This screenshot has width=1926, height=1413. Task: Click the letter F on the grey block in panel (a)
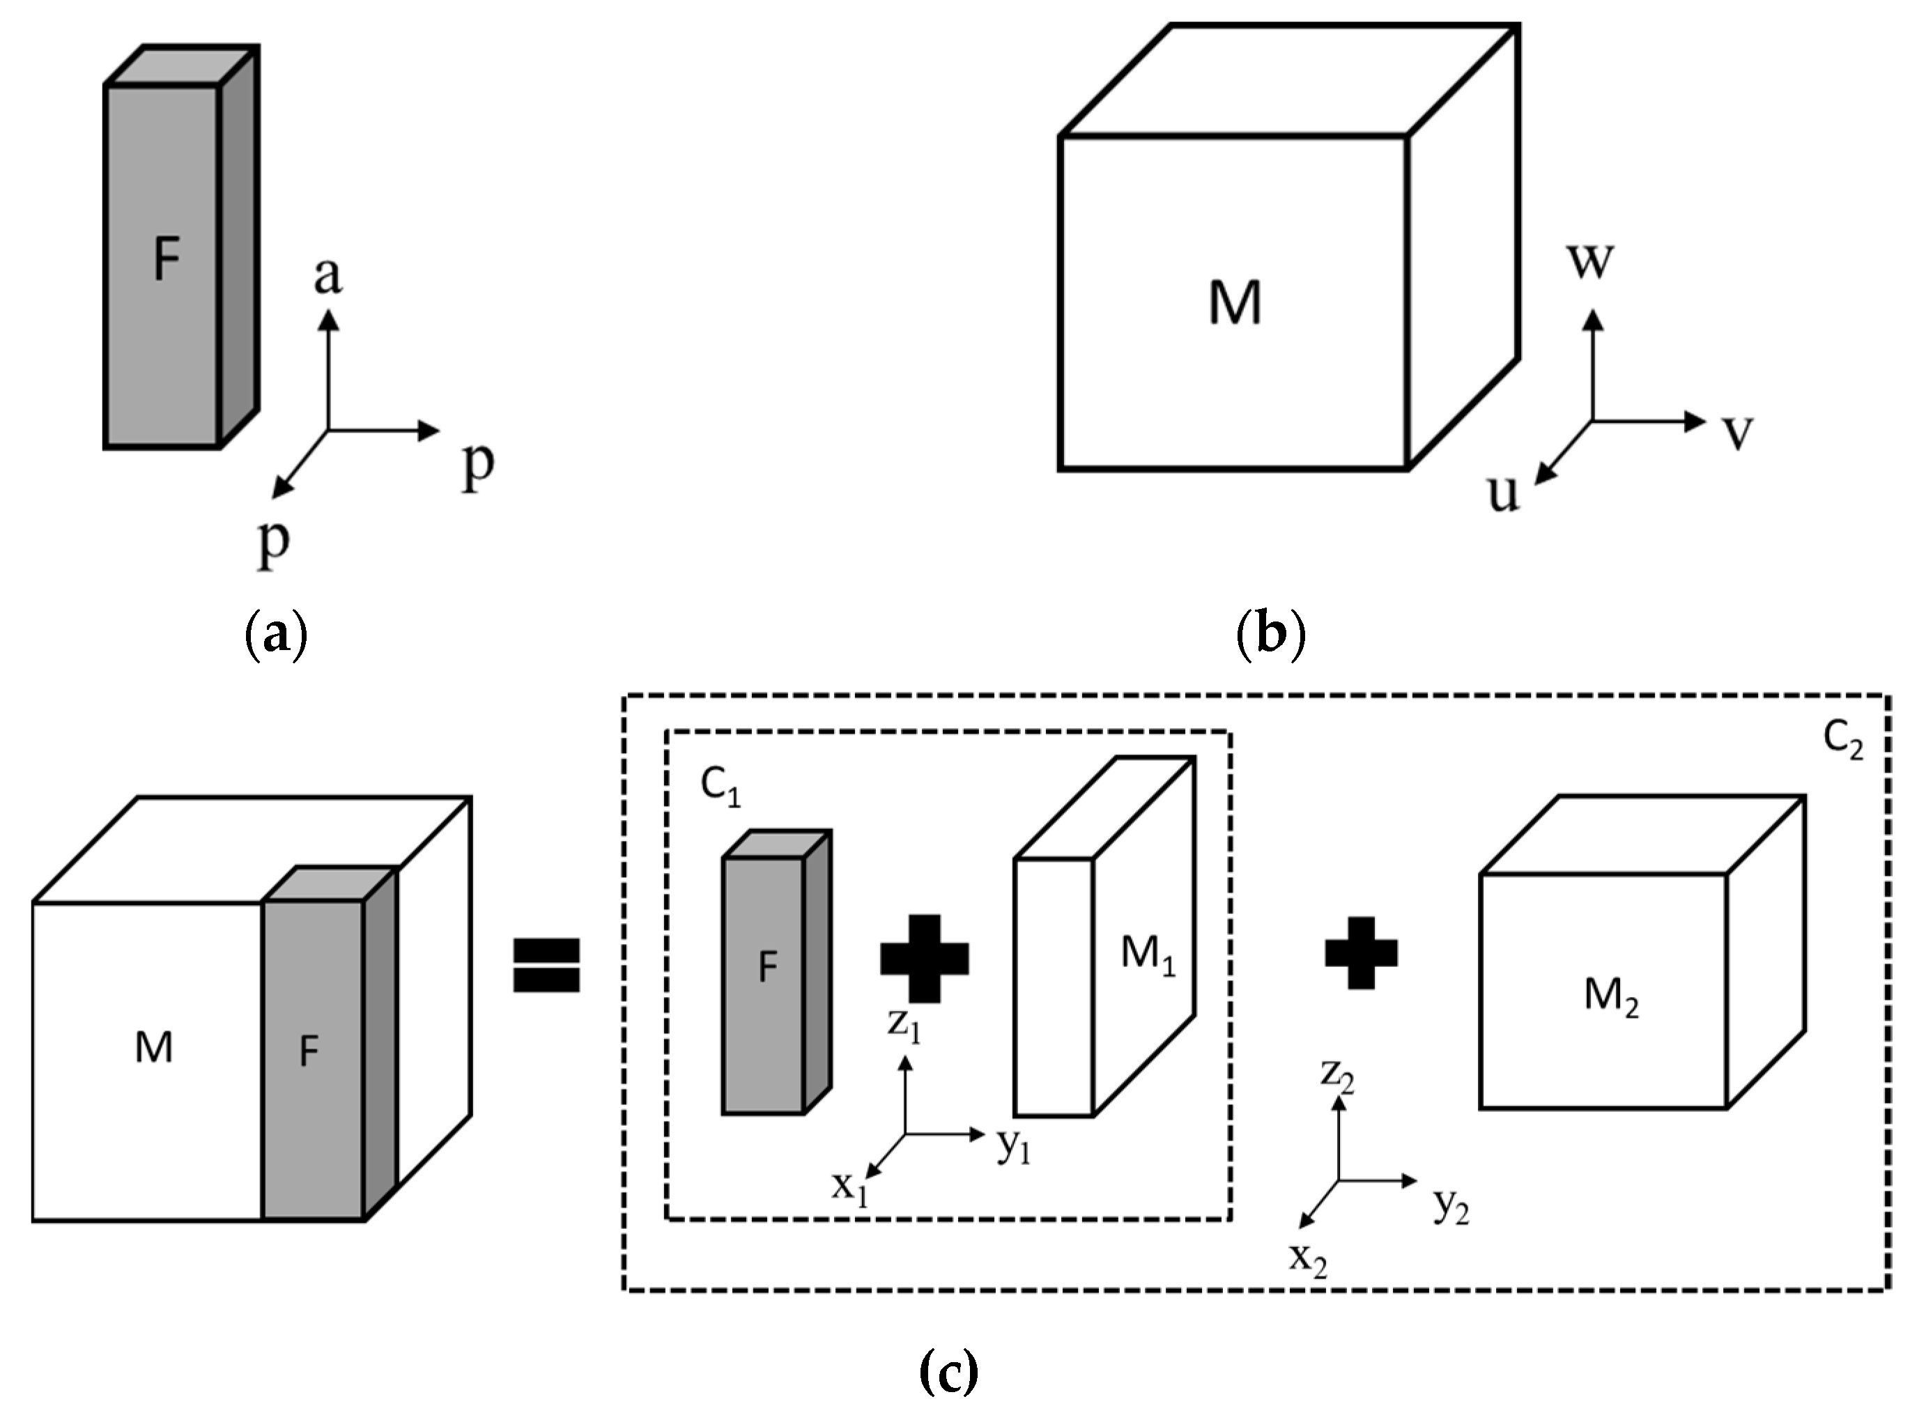(166, 258)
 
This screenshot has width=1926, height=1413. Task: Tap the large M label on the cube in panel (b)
(1235, 303)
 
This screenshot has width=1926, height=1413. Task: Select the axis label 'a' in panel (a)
(328, 275)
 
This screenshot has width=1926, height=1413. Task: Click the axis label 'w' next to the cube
(1591, 260)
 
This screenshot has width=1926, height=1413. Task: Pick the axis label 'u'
(1504, 493)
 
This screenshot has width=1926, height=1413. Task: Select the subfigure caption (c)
(948, 1371)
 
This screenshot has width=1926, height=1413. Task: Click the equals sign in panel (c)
(546, 966)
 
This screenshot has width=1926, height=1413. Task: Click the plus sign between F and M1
(925, 959)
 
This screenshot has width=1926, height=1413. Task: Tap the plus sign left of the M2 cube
(1362, 953)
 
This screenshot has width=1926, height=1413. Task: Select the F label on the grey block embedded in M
(309, 1052)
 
